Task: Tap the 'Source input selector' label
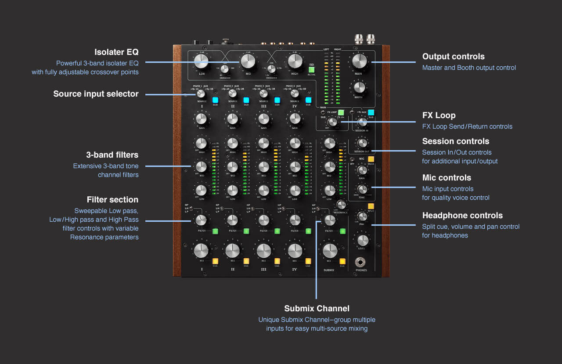coord(96,94)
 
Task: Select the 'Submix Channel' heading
coord(317,308)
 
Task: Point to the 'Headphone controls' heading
coord(462,216)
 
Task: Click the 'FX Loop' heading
coord(439,115)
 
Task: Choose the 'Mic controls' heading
coord(447,178)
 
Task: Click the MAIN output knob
coord(359,61)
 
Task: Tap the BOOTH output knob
coord(359,87)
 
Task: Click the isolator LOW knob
coord(202,61)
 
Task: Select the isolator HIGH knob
coord(295,61)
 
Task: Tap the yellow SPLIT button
coord(371,205)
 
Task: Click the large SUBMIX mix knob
coord(330,251)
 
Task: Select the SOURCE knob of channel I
coord(201,94)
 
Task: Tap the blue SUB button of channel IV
coord(308,100)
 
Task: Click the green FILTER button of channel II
coord(246,231)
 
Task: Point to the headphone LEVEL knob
coord(362,240)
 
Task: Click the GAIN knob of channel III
coord(263,119)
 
